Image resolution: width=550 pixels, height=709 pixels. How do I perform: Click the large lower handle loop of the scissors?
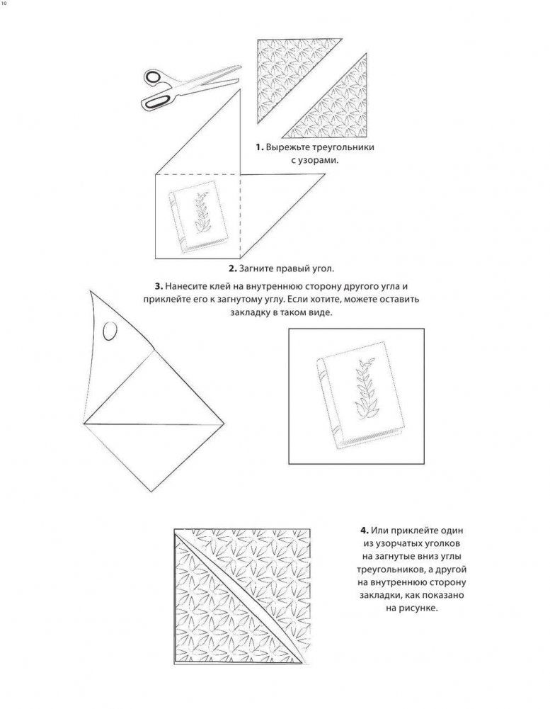click(156, 102)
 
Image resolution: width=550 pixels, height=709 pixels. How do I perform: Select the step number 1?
click(259, 147)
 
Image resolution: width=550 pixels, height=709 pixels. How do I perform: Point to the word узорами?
click(319, 161)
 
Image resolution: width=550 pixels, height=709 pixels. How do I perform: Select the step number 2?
click(233, 268)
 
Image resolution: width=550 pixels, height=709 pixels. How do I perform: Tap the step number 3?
click(159, 286)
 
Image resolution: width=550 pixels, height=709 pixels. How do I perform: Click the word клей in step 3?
click(212, 286)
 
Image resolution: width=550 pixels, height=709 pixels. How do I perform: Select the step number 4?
click(365, 531)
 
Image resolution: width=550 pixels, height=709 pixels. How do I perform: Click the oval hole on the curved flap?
click(110, 331)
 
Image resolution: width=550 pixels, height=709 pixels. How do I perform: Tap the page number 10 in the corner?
click(4, 4)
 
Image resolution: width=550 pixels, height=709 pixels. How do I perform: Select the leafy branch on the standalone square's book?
click(365, 390)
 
